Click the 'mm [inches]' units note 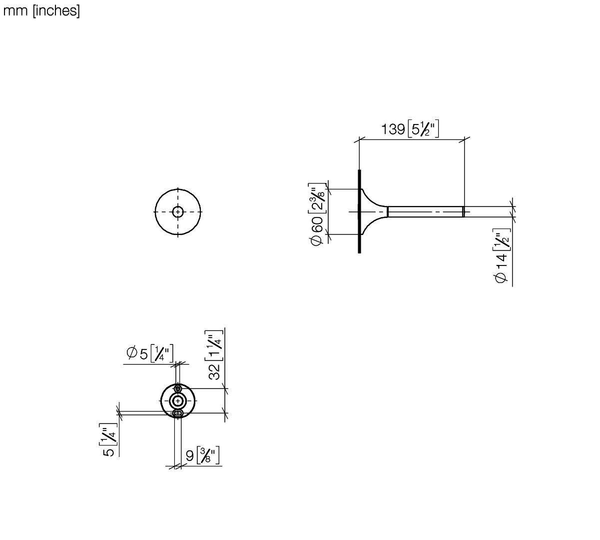pyautogui.click(x=41, y=11)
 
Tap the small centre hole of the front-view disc pyautogui.click(x=178, y=212)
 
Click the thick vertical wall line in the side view pyautogui.click(x=359, y=211)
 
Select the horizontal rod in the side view pyautogui.click(x=426, y=211)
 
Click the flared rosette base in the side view pyautogui.click(x=374, y=211)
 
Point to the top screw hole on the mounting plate pyautogui.click(x=178, y=388)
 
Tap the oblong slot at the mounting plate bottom pyautogui.click(x=178, y=413)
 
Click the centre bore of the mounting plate pyautogui.click(x=178, y=400)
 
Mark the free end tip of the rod pyautogui.click(x=464, y=211)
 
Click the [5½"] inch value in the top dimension pyautogui.click(x=423, y=129)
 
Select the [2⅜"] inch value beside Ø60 pyautogui.click(x=317, y=197)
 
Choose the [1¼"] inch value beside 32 pyautogui.click(x=214, y=346)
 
